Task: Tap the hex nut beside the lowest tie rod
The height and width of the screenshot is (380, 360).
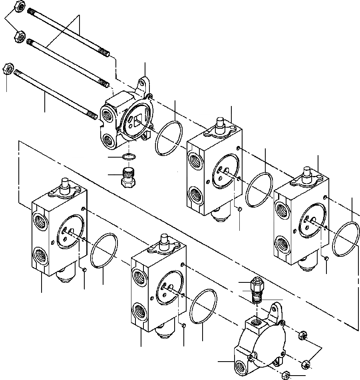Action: pos(8,68)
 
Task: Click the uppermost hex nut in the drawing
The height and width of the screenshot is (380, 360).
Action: pos(20,7)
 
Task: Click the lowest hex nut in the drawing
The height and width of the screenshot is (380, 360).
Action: pos(286,375)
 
